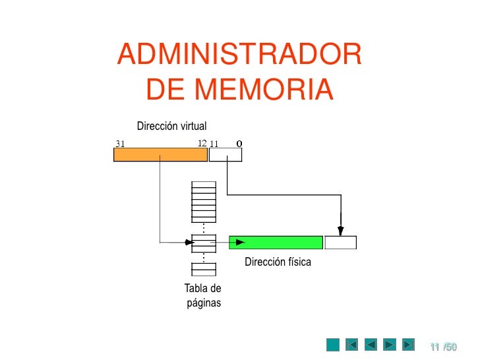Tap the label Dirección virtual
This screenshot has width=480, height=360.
click(171, 126)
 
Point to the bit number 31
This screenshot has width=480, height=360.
click(121, 143)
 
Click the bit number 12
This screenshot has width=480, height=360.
click(202, 143)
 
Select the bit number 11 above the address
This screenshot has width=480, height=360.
click(214, 143)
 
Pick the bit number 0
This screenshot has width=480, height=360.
click(239, 143)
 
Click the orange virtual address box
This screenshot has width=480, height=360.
click(160, 154)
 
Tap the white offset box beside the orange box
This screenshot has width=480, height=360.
click(225, 154)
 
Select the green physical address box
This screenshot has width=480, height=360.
click(276, 242)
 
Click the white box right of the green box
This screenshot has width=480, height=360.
click(340, 242)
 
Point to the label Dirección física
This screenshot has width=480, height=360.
click(278, 262)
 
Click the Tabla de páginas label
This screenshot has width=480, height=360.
click(203, 296)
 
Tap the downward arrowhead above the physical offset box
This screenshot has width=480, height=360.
click(340, 231)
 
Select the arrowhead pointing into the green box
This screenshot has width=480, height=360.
click(240, 242)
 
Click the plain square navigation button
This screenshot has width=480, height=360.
click(334, 344)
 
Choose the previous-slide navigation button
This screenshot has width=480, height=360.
click(371, 344)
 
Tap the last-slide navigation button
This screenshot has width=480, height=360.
click(408, 344)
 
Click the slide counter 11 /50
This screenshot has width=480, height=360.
click(443, 346)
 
